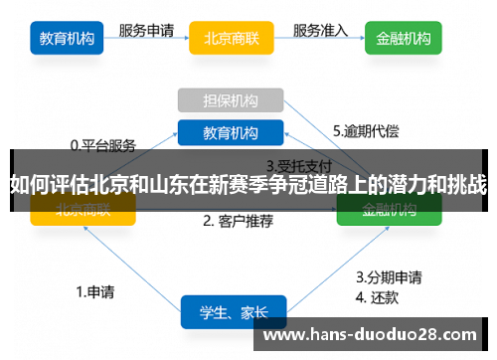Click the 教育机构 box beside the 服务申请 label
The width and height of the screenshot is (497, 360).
pos(67,39)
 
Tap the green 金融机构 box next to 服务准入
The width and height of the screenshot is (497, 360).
pos(403,39)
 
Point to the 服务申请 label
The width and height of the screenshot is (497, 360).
pos(147,30)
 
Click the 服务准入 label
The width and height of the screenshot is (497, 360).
pos(320,30)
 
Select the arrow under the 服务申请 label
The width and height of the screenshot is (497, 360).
pos(146,43)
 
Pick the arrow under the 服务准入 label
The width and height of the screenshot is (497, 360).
pos(320,43)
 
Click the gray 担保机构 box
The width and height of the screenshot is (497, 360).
pos(231,100)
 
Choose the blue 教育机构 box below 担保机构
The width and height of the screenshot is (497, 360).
pos(231,132)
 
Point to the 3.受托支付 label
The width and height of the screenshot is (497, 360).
pos(297,165)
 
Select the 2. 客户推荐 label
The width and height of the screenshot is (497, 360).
pos(238,221)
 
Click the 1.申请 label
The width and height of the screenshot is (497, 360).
pos(95,291)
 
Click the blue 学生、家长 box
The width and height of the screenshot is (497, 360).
pos(233,311)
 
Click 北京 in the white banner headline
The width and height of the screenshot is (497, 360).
pos(108,184)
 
